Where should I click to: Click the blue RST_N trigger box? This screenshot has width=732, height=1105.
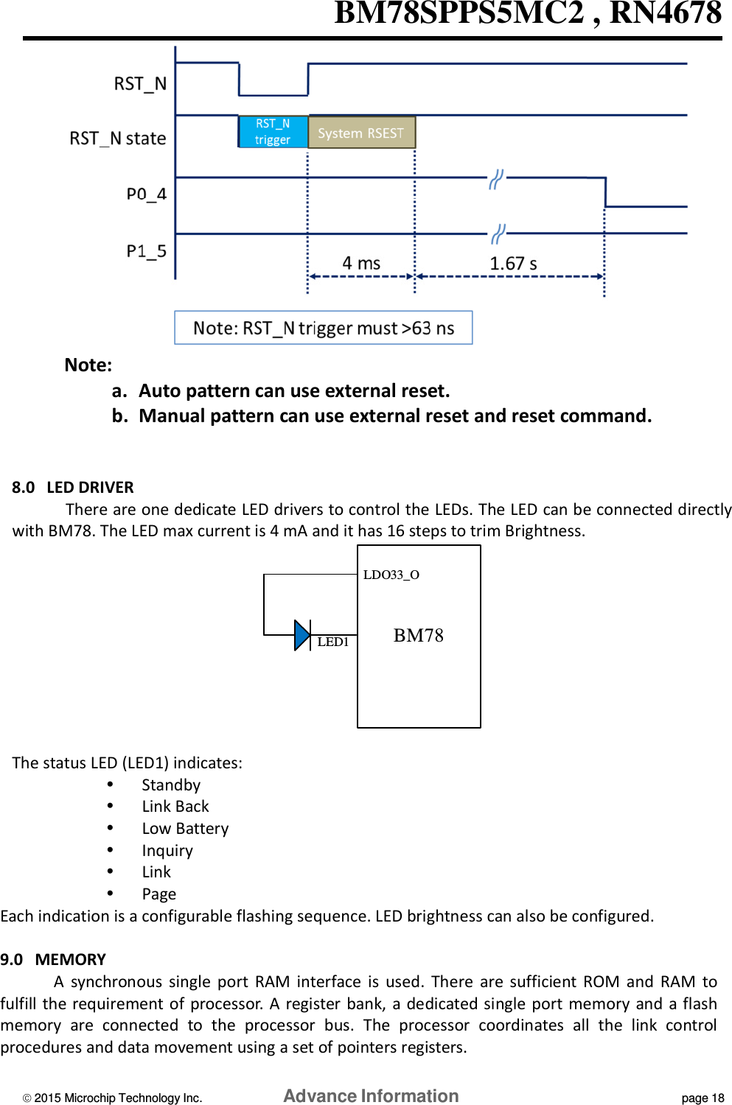pos(273,132)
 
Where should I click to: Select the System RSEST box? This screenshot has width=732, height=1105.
pos(361,133)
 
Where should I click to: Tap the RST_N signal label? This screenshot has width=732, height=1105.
pos(140,84)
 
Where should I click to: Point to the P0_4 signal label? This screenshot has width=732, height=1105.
pos(146,194)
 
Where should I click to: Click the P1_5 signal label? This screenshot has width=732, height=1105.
pos(146,251)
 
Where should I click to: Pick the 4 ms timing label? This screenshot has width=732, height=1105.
pos(361,263)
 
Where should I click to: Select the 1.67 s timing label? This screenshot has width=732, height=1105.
pos(513,263)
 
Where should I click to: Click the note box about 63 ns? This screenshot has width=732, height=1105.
pos(323,328)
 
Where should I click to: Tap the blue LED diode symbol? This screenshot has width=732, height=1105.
pos(302,635)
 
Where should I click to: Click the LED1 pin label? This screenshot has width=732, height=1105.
pos(332,642)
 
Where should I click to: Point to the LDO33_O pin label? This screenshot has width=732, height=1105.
pos(391,575)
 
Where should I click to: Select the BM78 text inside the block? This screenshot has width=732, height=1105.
pos(418,635)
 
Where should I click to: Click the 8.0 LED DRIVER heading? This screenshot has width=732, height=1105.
pos(73,487)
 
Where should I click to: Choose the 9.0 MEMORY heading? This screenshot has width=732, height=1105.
pos(53,959)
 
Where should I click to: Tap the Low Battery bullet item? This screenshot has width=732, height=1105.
pos(185,829)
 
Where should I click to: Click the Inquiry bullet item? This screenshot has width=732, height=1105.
pos(167,851)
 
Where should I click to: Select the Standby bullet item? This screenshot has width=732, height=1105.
pos(171,785)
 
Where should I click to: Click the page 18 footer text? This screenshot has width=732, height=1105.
pos(703,1098)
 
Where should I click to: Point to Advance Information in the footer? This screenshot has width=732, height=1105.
pos(371,1096)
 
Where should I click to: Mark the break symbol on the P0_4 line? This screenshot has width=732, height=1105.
pos(496,179)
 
